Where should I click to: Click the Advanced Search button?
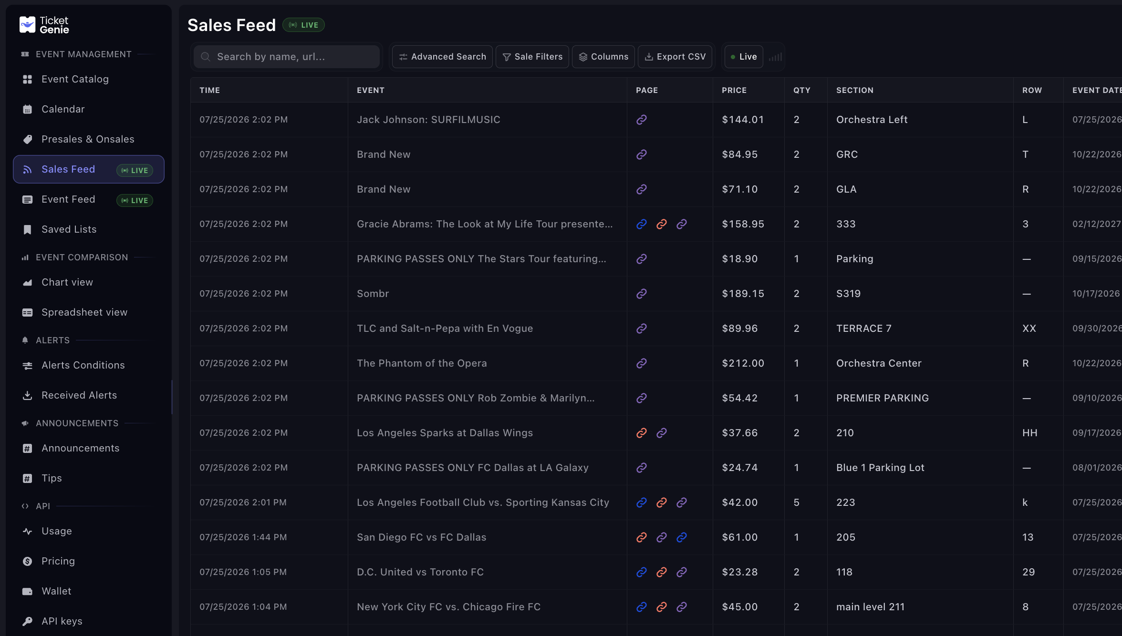point(442,57)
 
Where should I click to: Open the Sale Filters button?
point(532,57)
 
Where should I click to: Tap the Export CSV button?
point(675,57)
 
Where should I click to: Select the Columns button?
point(603,57)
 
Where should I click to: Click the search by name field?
point(287,57)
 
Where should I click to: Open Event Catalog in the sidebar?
point(75,79)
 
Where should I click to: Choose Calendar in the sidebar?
point(63,109)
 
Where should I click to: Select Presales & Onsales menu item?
point(88,139)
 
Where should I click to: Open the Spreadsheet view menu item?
point(84,312)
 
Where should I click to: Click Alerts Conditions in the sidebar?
point(83,365)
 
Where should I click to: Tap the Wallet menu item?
point(56,591)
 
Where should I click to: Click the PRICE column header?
point(734,90)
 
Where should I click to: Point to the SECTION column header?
point(855,90)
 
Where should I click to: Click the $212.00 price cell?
point(743,363)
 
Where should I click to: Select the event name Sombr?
point(373,294)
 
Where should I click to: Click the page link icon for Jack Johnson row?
point(642,120)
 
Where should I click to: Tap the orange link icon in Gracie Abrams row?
point(662,224)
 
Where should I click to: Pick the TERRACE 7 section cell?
point(864,328)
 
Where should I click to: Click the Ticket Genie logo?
point(44,25)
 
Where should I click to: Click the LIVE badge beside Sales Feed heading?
point(303,25)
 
